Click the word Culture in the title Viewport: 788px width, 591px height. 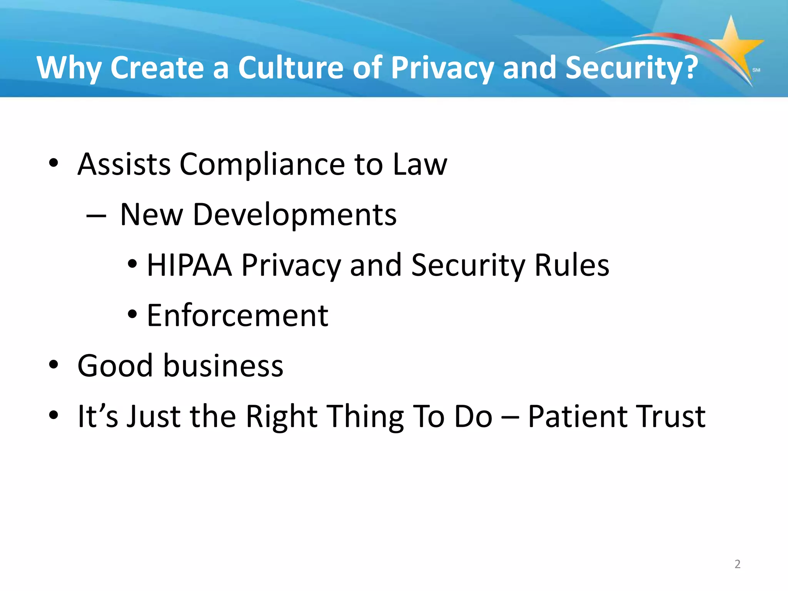click(x=290, y=68)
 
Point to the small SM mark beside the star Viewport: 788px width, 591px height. click(x=756, y=70)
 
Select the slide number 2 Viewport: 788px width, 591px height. click(x=737, y=564)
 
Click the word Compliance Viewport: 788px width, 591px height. click(x=262, y=165)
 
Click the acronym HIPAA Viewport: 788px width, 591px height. click(x=189, y=265)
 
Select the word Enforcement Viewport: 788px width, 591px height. click(x=237, y=316)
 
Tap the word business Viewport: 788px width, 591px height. click(x=223, y=366)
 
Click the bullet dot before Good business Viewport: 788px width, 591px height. click(x=53, y=365)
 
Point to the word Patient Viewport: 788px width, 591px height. click(x=576, y=416)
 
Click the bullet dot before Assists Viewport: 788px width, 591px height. click(x=53, y=163)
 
